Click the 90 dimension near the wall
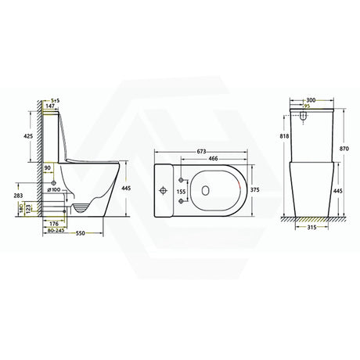pyautogui.click(x=48, y=167)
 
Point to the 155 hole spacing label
pyautogui.click(x=182, y=191)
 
